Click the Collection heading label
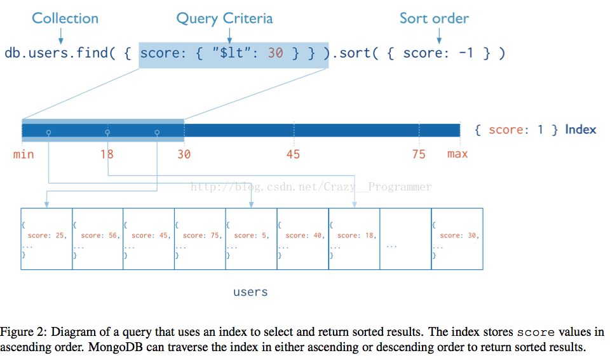65,18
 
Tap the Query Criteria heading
224,18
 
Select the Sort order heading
434,18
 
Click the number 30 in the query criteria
275,53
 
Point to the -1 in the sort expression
466,53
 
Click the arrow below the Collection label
61,36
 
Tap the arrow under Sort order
439,36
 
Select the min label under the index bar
24,154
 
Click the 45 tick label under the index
294,154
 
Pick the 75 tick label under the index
419,154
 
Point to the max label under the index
457,154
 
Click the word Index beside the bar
580,130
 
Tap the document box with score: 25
46,239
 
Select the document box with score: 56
98,239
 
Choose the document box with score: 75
200,239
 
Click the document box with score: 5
252,239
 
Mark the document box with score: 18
354,239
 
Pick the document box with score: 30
457,239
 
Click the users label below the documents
250,292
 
